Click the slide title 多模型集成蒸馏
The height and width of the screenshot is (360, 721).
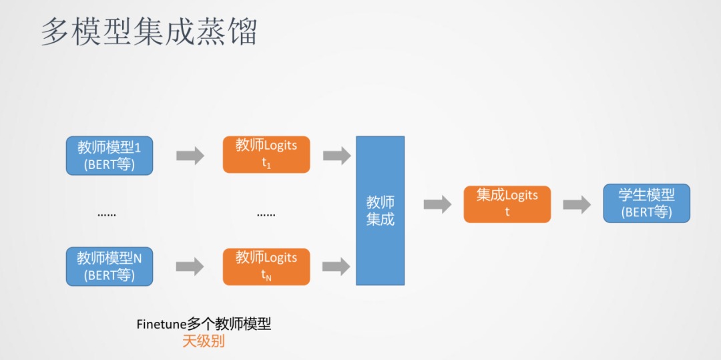pos(149,32)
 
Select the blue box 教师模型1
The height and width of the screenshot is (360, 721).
pos(109,156)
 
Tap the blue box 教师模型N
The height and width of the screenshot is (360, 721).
pos(109,266)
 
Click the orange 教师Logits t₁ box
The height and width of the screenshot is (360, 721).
pos(266,154)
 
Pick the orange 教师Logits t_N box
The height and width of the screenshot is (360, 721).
pos(266,266)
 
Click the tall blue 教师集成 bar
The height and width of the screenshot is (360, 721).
pos(380,210)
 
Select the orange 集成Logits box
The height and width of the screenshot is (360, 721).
pos(507,204)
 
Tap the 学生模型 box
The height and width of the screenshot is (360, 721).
pos(646,204)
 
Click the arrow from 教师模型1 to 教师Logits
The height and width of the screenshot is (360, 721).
pos(190,156)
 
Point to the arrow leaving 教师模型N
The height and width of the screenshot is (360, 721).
pos(190,266)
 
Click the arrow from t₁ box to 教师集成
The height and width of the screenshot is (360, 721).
pos(336,156)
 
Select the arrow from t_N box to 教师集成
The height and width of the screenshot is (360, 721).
pos(336,266)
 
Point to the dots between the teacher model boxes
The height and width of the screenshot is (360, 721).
pos(107,215)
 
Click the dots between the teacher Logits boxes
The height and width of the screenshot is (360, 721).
pos(266,215)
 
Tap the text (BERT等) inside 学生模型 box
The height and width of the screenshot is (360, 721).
pos(646,213)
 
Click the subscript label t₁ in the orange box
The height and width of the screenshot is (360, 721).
pos(266,163)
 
